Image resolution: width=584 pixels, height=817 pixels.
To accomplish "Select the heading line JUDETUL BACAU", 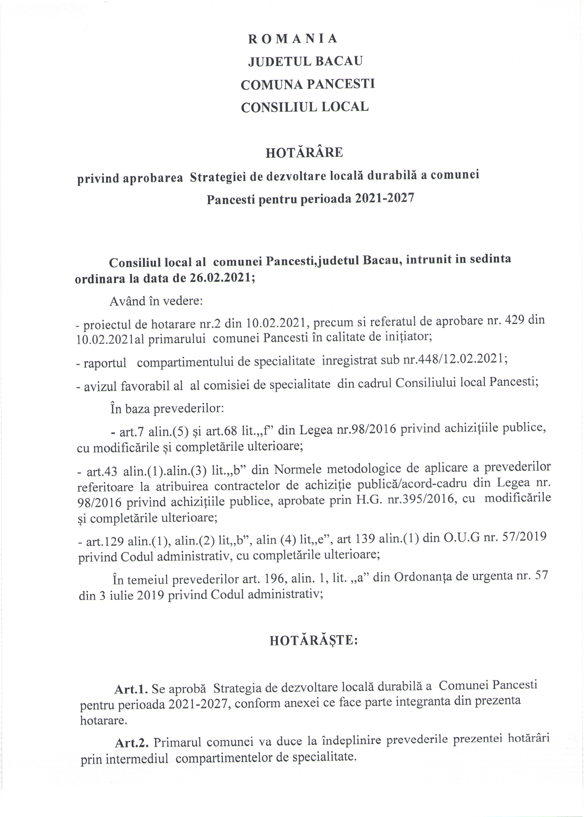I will (x=305, y=62).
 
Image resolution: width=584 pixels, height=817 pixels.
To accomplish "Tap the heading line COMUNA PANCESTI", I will (x=307, y=84).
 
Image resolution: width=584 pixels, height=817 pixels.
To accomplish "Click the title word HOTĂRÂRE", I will (x=304, y=153).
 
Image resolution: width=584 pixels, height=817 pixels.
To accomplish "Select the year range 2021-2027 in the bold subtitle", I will (x=384, y=198).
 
